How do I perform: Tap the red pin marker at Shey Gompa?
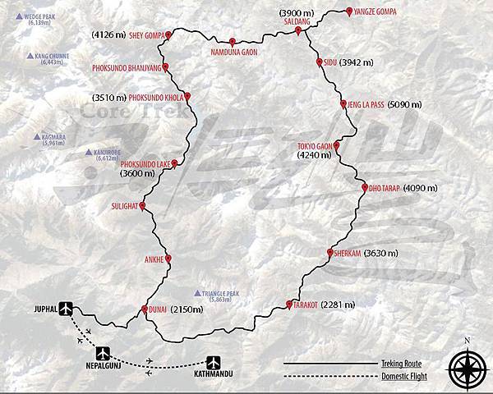pyautogui.click(x=170, y=35)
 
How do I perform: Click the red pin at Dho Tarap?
pyautogui.click(x=362, y=189)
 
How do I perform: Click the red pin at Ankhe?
pyautogui.click(x=168, y=259)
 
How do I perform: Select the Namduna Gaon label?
pyautogui.click(x=233, y=52)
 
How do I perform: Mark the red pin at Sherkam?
pyautogui.click(x=329, y=252)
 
